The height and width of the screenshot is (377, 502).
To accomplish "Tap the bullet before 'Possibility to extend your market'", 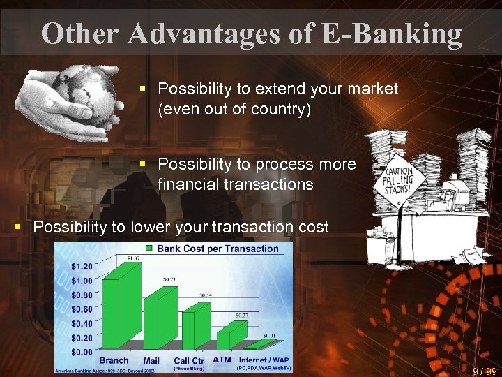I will click(x=142, y=89).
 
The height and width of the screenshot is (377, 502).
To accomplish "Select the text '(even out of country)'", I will click(x=234, y=110).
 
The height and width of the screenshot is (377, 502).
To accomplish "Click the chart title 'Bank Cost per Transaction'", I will click(x=218, y=249).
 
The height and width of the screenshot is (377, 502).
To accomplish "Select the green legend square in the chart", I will click(x=150, y=249).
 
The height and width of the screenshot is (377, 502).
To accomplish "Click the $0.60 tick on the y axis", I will click(x=82, y=309).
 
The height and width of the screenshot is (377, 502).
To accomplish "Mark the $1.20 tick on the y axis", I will click(x=82, y=266).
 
